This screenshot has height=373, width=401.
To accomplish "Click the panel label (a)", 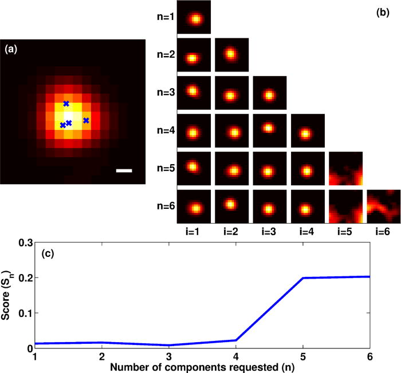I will [x=12, y=49].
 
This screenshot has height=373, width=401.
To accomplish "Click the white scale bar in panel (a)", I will [x=123, y=170].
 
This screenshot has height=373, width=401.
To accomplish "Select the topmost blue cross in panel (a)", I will [x=66, y=104].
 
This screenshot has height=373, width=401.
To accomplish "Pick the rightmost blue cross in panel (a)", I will [x=86, y=120].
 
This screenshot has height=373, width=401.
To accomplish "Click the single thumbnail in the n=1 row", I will [x=195, y=18].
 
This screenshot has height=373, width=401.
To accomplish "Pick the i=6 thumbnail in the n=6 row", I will [x=383, y=207].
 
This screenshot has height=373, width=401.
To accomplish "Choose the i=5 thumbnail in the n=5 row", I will [x=346, y=169].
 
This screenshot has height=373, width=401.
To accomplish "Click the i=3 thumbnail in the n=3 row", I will [x=270, y=93].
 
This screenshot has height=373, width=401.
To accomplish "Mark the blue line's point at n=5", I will [x=303, y=278].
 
